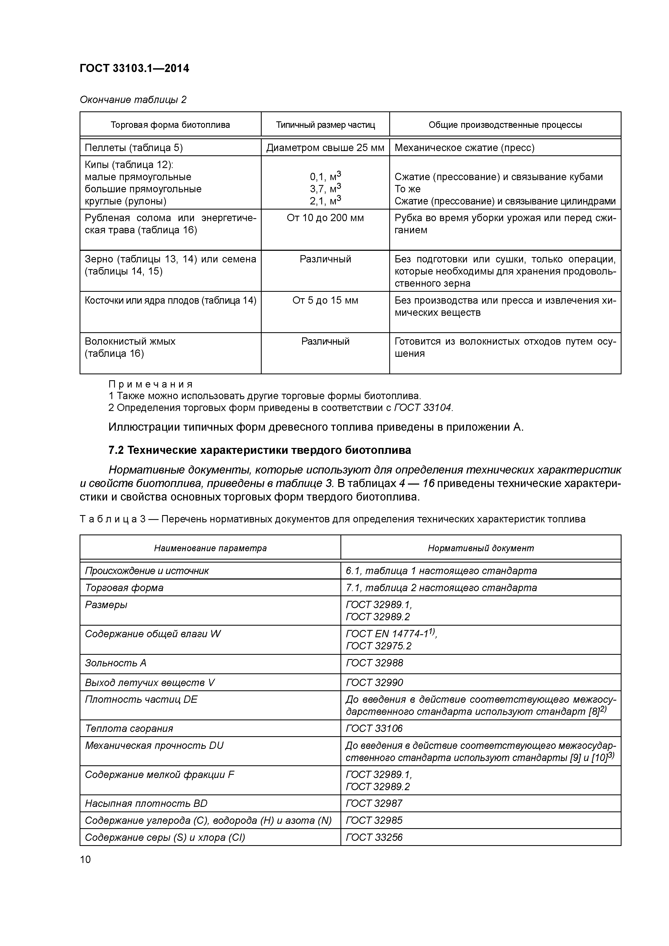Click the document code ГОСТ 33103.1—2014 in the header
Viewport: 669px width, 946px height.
[x=134, y=68]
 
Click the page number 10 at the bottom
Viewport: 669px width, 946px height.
[x=85, y=859]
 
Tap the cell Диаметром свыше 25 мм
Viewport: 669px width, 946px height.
[x=325, y=148]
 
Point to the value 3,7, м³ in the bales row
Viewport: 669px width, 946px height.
[x=325, y=189]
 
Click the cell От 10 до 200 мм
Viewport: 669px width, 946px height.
[x=325, y=218]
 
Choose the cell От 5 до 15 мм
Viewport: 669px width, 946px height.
[x=325, y=300]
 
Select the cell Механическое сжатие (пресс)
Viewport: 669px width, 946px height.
[x=465, y=148]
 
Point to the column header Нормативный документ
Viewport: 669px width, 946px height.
[x=481, y=548]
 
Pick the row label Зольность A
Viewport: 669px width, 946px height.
[x=115, y=663]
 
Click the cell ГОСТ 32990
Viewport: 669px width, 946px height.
[x=374, y=683]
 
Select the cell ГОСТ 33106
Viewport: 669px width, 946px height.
[x=374, y=728]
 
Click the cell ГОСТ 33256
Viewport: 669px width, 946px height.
[x=374, y=837]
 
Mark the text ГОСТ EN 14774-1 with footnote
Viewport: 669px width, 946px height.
[x=391, y=634]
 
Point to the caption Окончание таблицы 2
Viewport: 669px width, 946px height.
[x=133, y=100]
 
